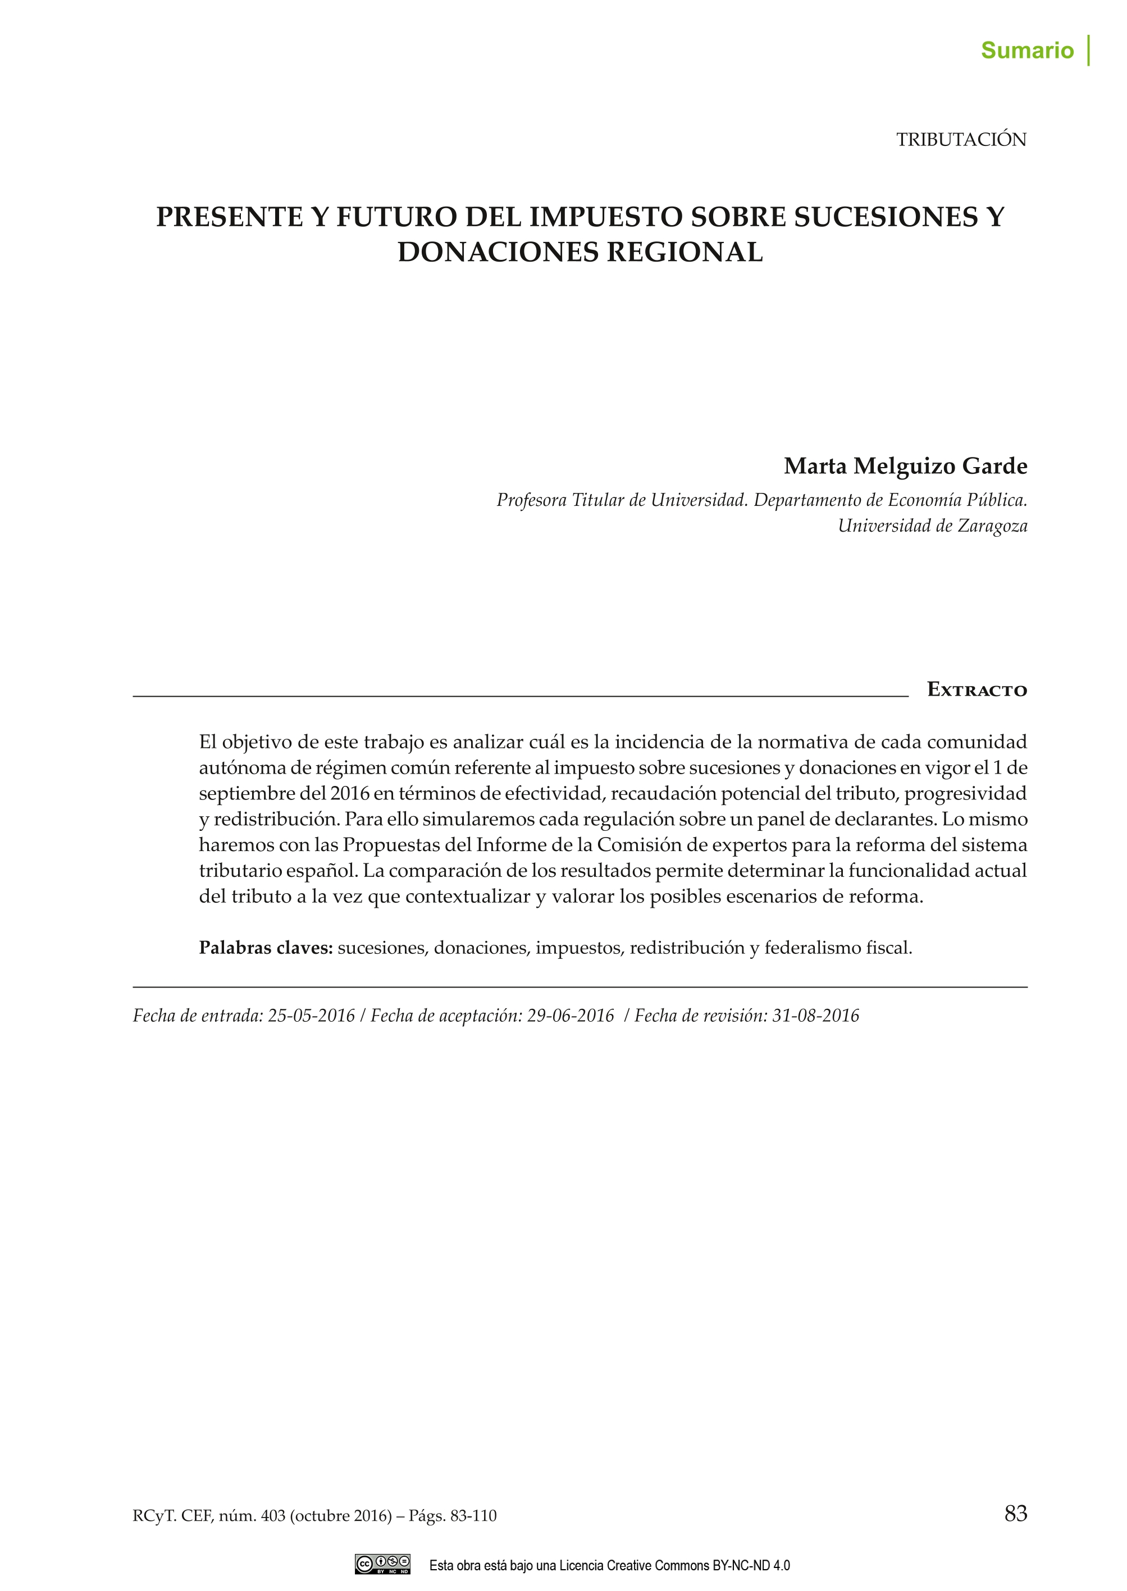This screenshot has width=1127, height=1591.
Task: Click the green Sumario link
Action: pyautogui.click(x=1026, y=51)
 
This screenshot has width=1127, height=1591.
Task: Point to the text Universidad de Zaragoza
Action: pyautogui.click(x=932, y=526)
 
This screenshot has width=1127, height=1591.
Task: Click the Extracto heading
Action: pyautogui.click(x=977, y=690)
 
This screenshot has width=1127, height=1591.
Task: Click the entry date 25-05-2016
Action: pyautogui.click(x=311, y=1016)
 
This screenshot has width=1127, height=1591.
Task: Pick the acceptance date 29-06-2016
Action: pyautogui.click(x=571, y=1016)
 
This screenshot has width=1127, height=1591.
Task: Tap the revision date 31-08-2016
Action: pyautogui.click(x=815, y=1016)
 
